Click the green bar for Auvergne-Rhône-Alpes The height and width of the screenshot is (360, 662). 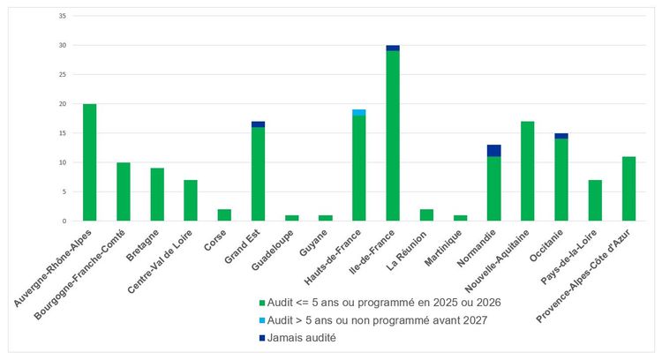pyautogui.click(x=89, y=162)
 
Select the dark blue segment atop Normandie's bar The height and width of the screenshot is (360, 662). pyautogui.click(x=494, y=150)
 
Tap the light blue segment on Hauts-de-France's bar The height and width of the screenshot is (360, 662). pyautogui.click(x=359, y=112)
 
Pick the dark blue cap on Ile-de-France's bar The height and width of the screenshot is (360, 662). pyautogui.click(x=393, y=48)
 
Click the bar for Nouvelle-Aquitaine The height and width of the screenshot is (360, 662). pyautogui.click(x=528, y=171)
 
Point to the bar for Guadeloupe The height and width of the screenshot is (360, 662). pyautogui.click(x=292, y=218)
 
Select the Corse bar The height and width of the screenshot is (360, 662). pyautogui.click(x=224, y=215)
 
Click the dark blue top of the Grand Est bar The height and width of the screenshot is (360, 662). pyautogui.click(x=258, y=124)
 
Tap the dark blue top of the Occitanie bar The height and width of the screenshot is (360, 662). pyautogui.click(x=561, y=136)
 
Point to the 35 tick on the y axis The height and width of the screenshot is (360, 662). pyautogui.click(x=61, y=16)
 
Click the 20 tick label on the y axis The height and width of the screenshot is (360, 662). pyautogui.click(x=61, y=104)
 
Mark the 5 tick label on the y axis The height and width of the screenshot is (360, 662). pyautogui.click(x=63, y=191)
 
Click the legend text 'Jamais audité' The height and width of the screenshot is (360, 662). pyautogui.click(x=301, y=338)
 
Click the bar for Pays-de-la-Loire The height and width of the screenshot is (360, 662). pyautogui.click(x=595, y=200)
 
